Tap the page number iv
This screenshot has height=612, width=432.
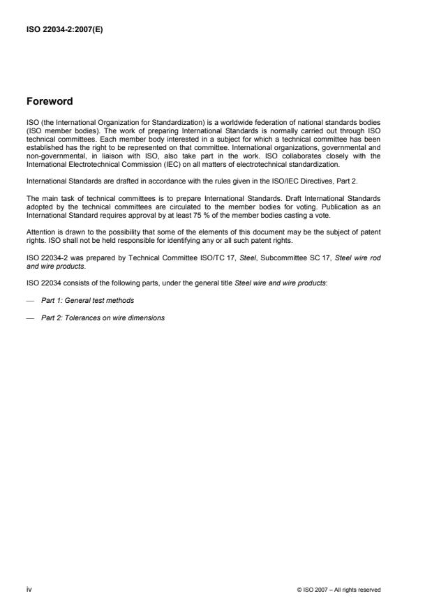pos(29,589)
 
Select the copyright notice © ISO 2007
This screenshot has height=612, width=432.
pos(338,590)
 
